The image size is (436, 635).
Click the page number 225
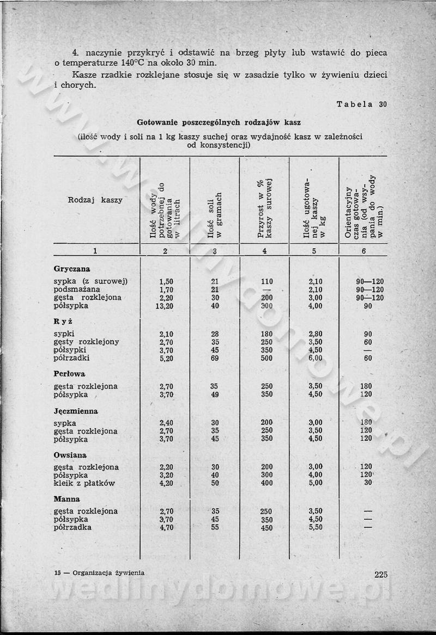[x=380, y=574]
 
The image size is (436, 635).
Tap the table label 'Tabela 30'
[x=361, y=104]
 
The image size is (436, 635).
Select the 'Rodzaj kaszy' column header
[x=95, y=200]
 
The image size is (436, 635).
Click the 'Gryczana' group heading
[x=72, y=269]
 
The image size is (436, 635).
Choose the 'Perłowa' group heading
[x=70, y=374]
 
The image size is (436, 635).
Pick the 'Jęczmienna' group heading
[x=76, y=411]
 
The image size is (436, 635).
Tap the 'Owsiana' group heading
[x=70, y=454]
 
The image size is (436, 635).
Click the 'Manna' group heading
[x=66, y=498]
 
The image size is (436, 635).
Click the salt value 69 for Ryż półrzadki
[x=215, y=358]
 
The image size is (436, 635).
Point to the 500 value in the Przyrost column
[x=267, y=358]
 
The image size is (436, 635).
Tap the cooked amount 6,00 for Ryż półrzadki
[x=316, y=358]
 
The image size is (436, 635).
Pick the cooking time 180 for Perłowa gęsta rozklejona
[x=366, y=386]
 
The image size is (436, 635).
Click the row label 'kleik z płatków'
[x=84, y=483]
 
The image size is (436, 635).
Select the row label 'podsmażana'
[x=77, y=289]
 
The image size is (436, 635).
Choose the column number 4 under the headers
[x=264, y=251]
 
